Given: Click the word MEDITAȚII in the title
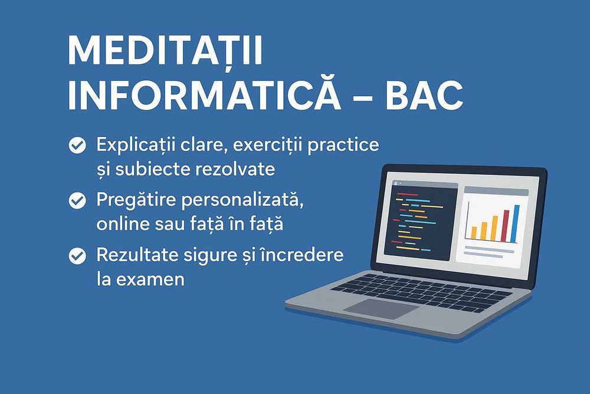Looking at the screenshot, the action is point(165,52).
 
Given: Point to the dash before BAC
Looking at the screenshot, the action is point(363,97).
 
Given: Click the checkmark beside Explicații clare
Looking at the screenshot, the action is point(77,145).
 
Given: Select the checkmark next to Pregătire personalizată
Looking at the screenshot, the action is point(77,200).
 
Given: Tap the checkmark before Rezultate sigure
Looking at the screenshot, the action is point(77,256).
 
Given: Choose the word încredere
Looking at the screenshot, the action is point(301,255).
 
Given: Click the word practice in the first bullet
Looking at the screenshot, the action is point(343,145).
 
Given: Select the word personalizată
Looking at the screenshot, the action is point(242,200).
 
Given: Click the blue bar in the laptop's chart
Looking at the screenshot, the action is point(516,224).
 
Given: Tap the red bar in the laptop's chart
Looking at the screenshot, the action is point(506,226).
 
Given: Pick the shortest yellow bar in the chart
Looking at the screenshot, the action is point(474,232).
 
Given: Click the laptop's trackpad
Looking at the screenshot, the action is point(381,310).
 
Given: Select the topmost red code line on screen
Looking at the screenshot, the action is point(407,195).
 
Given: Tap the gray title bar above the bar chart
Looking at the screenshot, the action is point(496,191).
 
